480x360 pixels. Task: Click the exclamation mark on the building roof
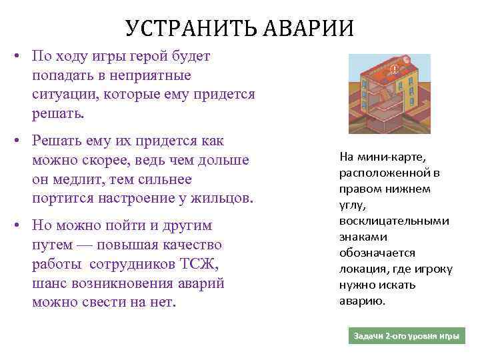click(395, 68)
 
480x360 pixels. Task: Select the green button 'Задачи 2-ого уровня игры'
click(407, 336)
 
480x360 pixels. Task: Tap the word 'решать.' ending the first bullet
click(59, 113)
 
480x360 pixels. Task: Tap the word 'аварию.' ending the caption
click(362, 301)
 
